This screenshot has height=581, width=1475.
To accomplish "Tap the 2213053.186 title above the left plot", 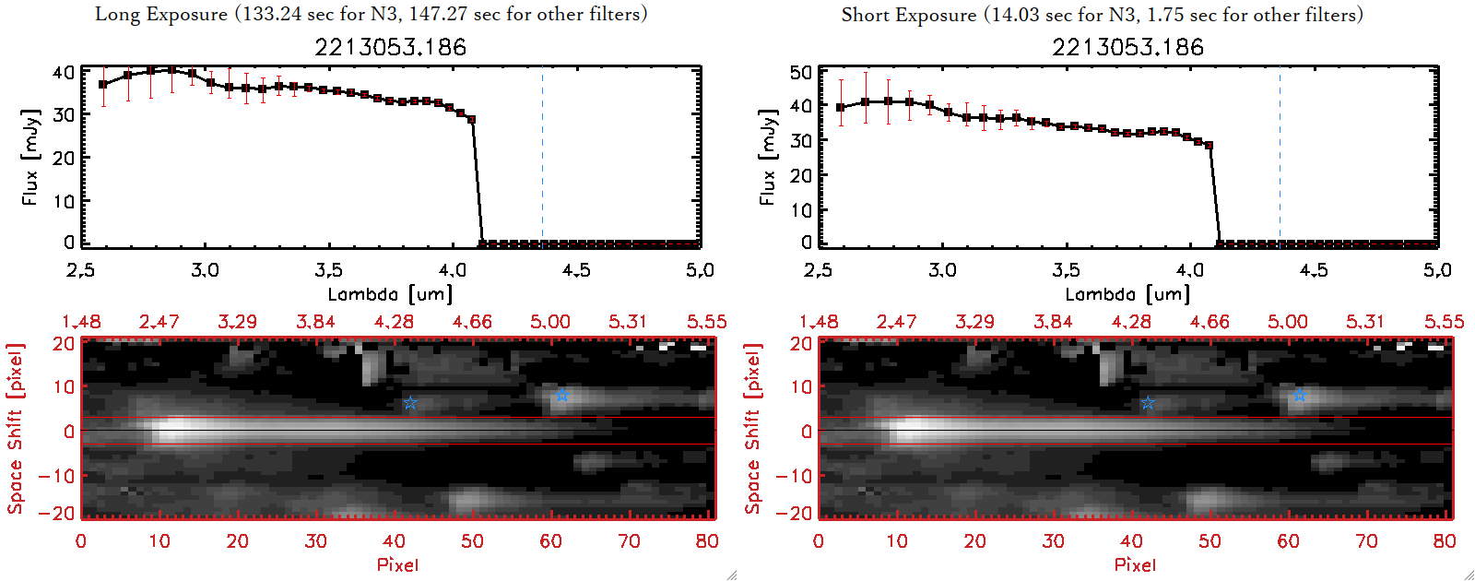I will pyautogui.click(x=390, y=47).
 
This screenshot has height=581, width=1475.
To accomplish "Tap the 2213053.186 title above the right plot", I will pyautogui.click(x=1127, y=47).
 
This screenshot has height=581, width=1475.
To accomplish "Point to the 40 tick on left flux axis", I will pyautogui.click(x=64, y=72).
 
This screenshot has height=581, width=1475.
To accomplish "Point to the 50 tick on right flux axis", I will pyautogui.click(x=801, y=72).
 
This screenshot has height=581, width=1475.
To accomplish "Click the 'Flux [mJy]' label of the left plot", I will pyautogui.click(x=30, y=157).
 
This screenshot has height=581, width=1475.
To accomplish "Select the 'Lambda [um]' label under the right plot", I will pyautogui.click(x=1127, y=294).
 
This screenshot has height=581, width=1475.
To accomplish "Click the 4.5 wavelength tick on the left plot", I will pyautogui.click(x=576, y=270).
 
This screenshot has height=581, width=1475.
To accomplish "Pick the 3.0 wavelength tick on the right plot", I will pyautogui.click(x=942, y=270).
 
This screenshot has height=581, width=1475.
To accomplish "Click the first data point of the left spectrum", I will pyautogui.click(x=103, y=85).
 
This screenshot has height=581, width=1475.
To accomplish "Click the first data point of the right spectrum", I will pyautogui.click(x=841, y=108).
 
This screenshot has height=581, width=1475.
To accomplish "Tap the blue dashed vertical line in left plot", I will pyautogui.click(x=542, y=157).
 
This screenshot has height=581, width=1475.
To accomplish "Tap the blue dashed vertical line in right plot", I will pyautogui.click(x=1280, y=157).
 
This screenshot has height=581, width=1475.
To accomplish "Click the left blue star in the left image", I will pyautogui.click(x=410, y=403).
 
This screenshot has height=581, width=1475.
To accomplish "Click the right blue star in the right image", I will pyautogui.click(x=1300, y=396).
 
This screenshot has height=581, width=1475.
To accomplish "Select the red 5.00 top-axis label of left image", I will pyautogui.click(x=549, y=322).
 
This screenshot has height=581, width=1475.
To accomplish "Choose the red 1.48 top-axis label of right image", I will pyautogui.click(x=819, y=322).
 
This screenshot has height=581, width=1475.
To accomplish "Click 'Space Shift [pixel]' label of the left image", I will pyautogui.click(x=15, y=429).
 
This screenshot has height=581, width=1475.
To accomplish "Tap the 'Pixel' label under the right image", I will pyautogui.click(x=1135, y=564).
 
